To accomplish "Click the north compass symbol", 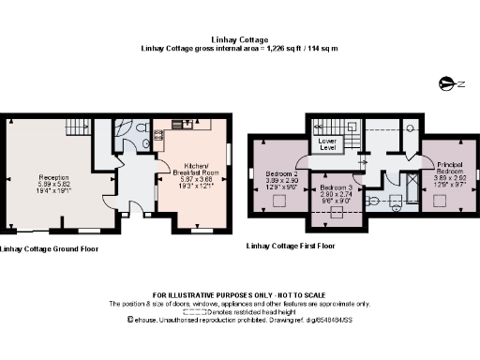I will coord(446,84).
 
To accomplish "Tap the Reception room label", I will coord(53,182).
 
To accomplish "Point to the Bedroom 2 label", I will coord(281,179).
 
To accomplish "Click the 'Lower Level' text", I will coord(327,143).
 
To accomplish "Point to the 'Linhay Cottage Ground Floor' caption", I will coord(48,249).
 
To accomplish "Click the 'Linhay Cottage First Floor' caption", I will coord(289,246).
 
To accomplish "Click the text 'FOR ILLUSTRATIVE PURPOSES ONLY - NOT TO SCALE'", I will coord(240,295).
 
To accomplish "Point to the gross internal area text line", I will coord(239,48).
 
